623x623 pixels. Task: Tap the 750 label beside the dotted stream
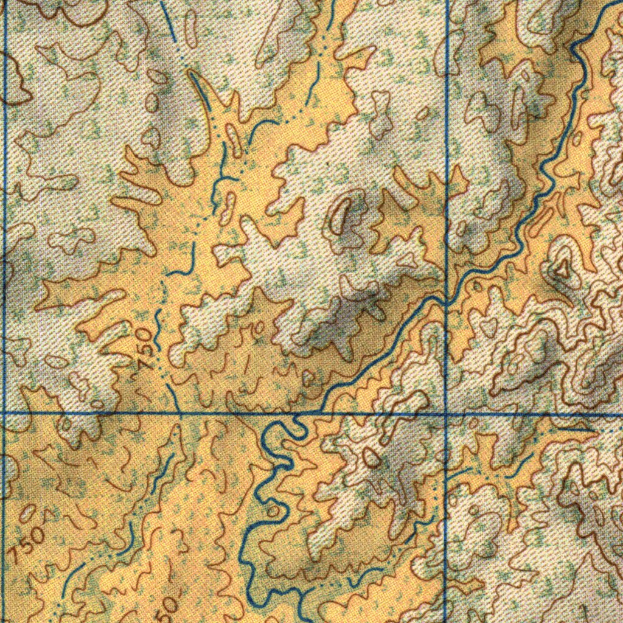coord(145,347)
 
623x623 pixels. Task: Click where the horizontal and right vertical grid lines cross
coord(447,414)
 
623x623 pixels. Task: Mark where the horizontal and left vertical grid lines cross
coord(5,412)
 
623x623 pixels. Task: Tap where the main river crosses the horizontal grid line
coord(298,414)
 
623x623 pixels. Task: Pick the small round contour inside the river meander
coord(274,510)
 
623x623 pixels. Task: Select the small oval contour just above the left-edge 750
coord(27,513)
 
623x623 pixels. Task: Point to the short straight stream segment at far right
coord(575,429)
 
